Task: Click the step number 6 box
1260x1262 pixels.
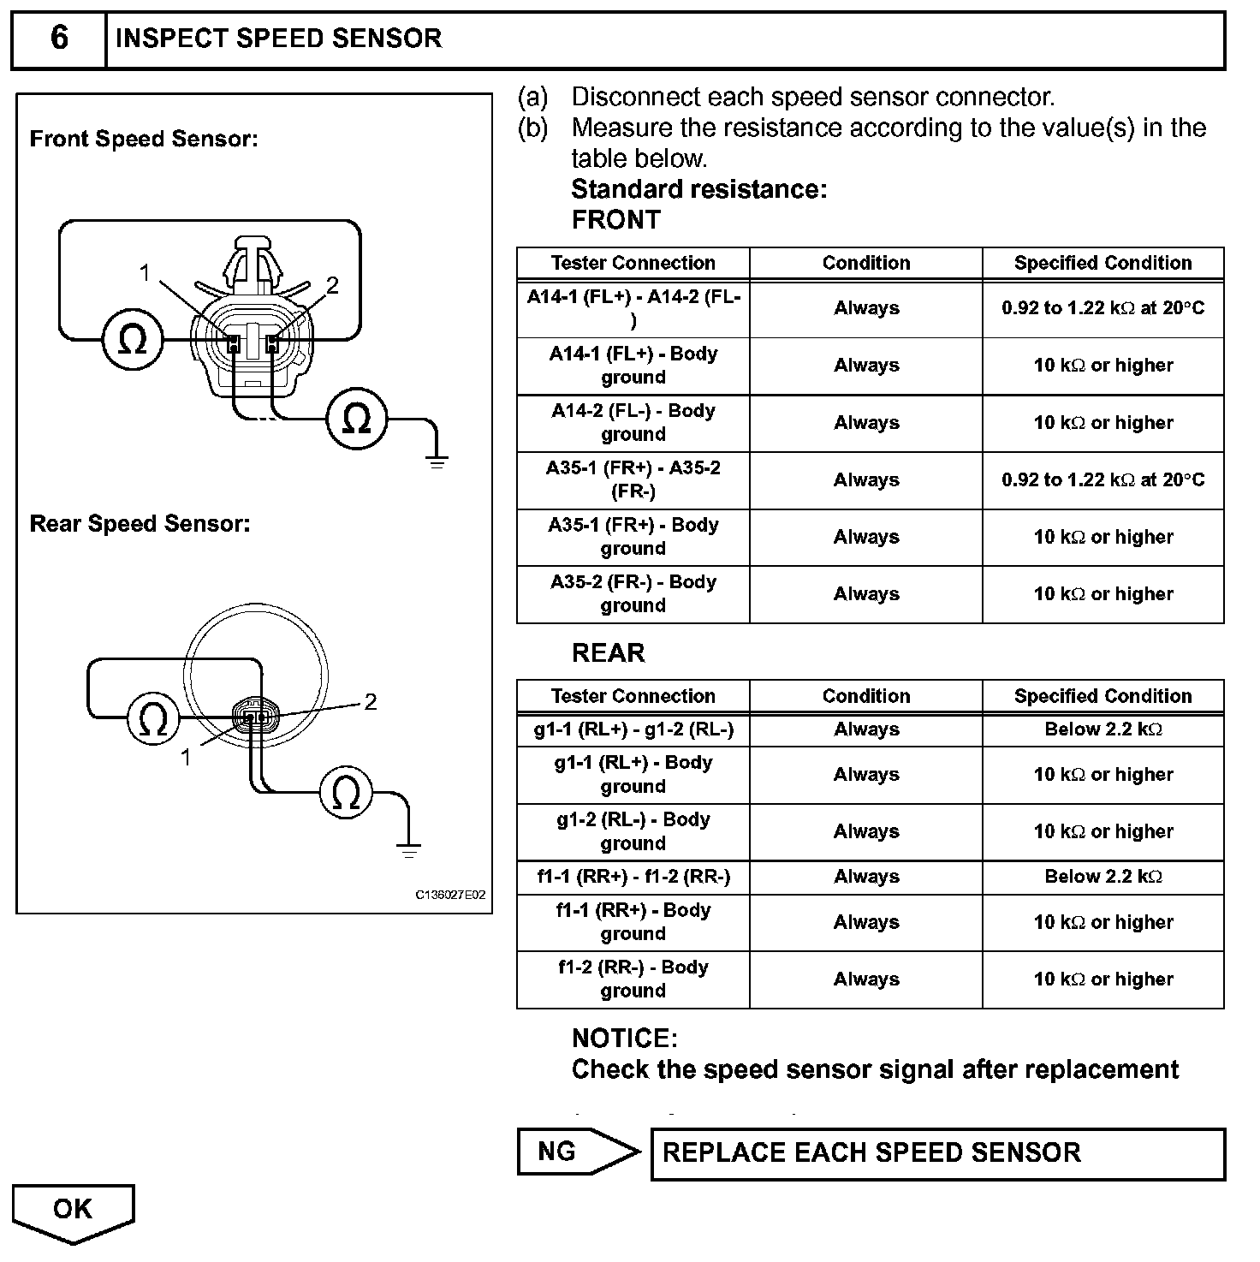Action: [x=58, y=39]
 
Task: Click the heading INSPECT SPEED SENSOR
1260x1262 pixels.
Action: [x=278, y=39]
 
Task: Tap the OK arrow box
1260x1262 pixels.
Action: [x=73, y=1211]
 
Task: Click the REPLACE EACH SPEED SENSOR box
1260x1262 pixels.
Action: [x=937, y=1153]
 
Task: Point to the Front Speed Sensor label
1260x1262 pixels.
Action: [x=144, y=139]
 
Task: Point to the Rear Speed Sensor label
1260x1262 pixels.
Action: [x=140, y=524]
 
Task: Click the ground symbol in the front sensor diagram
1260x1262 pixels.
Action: [x=437, y=463]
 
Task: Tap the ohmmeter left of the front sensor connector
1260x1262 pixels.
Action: [x=132, y=341]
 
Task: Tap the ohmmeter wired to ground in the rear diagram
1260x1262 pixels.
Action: [x=346, y=795]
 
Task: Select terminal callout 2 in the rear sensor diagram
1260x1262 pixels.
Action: [x=371, y=702]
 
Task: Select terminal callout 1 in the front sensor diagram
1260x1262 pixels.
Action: [x=146, y=273]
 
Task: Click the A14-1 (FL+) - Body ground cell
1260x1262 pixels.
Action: [x=633, y=366]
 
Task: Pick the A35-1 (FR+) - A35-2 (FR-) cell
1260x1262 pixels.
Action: [x=633, y=479]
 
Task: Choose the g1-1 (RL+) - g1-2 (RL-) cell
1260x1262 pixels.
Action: [x=633, y=729]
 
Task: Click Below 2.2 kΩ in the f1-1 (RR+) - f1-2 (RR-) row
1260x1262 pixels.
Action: [x=1102, y=877]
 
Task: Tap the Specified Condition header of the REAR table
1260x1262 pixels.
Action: [x=1102, y=696]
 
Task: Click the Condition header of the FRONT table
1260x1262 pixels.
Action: [x=866, y=263]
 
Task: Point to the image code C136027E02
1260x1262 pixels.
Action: [x=450, y=895]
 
